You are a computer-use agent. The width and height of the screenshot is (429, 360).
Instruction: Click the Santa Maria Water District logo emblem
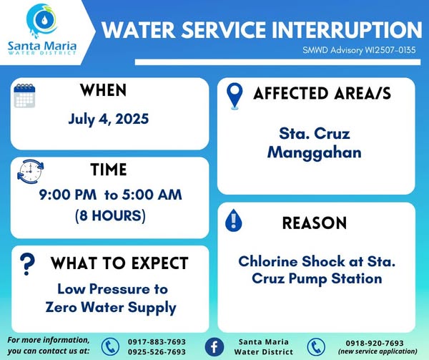[x=42, y=21]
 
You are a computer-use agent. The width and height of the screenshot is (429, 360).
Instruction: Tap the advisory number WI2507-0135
[x=390, y=50]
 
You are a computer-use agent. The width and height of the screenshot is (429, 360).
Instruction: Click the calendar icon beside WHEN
[x=24, y=96]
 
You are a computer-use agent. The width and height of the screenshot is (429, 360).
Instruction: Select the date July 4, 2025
[x=109, y=119]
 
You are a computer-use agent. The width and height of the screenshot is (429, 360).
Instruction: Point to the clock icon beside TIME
[x=30, y=172]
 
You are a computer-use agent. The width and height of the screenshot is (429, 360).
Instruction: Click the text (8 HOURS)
[x=110, y=215]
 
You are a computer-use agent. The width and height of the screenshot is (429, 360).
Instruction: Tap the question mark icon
[x=27, y=264]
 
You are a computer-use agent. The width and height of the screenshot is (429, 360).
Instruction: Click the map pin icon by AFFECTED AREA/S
[x=235, y=96]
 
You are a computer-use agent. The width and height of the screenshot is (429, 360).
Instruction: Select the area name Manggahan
[x=315, y=152]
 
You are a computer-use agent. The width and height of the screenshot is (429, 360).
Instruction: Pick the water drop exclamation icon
[x=233, y=220]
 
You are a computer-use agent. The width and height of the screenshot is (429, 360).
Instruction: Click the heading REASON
[x=315, y=223]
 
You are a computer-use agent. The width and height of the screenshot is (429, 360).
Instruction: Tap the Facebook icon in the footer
[x=214, y=347]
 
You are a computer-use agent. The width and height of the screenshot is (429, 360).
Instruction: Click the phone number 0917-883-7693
[x=157, y=342]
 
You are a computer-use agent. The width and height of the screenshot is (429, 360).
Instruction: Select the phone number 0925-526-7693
[x=157, y=352]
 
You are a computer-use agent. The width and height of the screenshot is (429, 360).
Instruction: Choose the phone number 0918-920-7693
[x=375, y=343]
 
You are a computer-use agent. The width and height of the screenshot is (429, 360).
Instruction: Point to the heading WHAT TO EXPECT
[x=119, y=263]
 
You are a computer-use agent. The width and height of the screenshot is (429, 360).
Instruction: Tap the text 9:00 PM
[x=68, y=195]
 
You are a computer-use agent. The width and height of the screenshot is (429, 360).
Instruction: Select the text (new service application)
[x=378, y=351]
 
